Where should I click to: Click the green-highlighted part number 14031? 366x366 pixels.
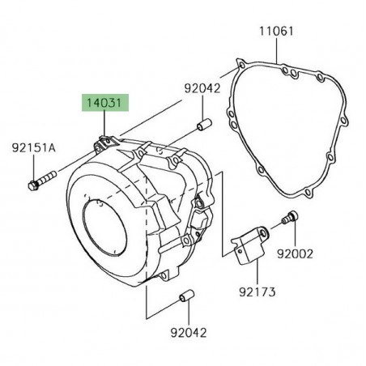(x=105, y=103)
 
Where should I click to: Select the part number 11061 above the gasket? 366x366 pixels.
(x=276, y=32)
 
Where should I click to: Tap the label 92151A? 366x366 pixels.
(x=34, y=148)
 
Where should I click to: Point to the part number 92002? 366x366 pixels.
(x=295, y=254)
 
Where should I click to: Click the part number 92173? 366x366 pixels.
(x=257, y=292)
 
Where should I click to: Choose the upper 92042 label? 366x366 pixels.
(x=202, y=88)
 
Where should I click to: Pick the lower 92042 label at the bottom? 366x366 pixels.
(x=189, y=333)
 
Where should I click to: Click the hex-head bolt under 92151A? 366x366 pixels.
(x=42, y=181)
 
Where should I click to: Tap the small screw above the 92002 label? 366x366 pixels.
(x=290, y=218)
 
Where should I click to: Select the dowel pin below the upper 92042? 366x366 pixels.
(x=204, y=125)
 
